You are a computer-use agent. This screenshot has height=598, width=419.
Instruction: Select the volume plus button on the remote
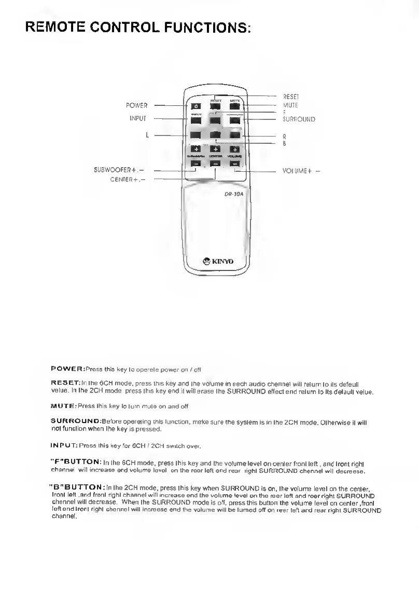pyautogui.click(x=235, y=149)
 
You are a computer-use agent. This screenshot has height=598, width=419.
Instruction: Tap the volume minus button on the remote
pyautogui.click(x=235, y=164)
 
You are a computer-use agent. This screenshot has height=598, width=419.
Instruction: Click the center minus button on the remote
pyautogui.click(x=216, y=164)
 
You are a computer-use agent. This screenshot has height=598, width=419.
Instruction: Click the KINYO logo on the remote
pyautogui.click(x=218, y=261)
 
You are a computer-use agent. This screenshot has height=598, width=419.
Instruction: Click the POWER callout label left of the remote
pyautogui.click(x=136, y=106)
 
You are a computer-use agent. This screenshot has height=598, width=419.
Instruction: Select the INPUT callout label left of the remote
pyautogui.click(x=138, y=119)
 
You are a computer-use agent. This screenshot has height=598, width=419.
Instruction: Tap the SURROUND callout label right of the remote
pyautogui.click(x=299, y=119)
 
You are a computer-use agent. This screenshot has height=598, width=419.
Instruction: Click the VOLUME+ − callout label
pyautogui.click(x=301, y=170)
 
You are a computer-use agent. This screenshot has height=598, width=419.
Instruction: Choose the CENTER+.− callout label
pyautogui.click(x=128, y=180)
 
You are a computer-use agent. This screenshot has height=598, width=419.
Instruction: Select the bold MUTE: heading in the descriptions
pyautogui.click(x=63, y=406)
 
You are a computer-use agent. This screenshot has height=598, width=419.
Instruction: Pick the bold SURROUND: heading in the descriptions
pyautogui.click(x=76, y=420)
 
